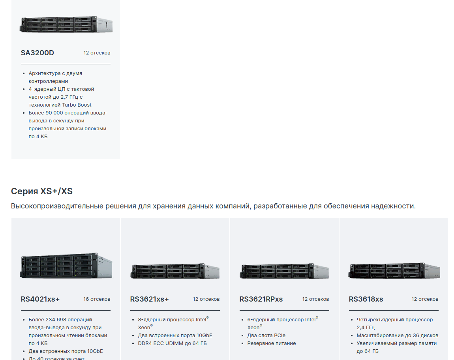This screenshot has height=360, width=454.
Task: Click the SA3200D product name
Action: [x=38, y=52]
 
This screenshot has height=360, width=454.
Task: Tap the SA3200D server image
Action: [x=66, y=24]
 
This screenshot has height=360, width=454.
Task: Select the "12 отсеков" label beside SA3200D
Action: [x=97, y=52]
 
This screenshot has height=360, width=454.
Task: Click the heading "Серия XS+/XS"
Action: [x=42, y=191]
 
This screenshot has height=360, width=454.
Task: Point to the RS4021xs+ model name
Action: [x=40, y=299]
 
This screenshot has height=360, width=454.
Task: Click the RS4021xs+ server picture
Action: [x=66, y=266]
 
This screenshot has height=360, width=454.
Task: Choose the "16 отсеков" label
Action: [x=97, y=299]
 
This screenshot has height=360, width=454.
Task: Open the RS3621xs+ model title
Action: [x=149, y=299]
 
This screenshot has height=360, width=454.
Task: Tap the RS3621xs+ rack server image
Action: [x=175, y=271]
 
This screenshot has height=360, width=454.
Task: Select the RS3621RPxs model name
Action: [x=261, y=299]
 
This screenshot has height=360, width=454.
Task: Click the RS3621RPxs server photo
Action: [x=284, y=271]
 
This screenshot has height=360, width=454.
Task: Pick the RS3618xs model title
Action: [x=366, y=299]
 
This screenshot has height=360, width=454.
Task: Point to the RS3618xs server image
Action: [x=394, y=271]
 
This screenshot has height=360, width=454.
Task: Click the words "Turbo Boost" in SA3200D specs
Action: [x=77, y=105]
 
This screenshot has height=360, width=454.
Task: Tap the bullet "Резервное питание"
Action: [x=272, y=343]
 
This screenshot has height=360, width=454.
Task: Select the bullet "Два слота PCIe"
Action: [x=266, y=335]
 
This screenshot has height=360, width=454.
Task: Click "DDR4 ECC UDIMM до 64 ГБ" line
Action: [x=172, y=343]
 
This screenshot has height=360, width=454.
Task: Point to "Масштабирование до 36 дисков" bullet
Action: [x=397, y=335]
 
